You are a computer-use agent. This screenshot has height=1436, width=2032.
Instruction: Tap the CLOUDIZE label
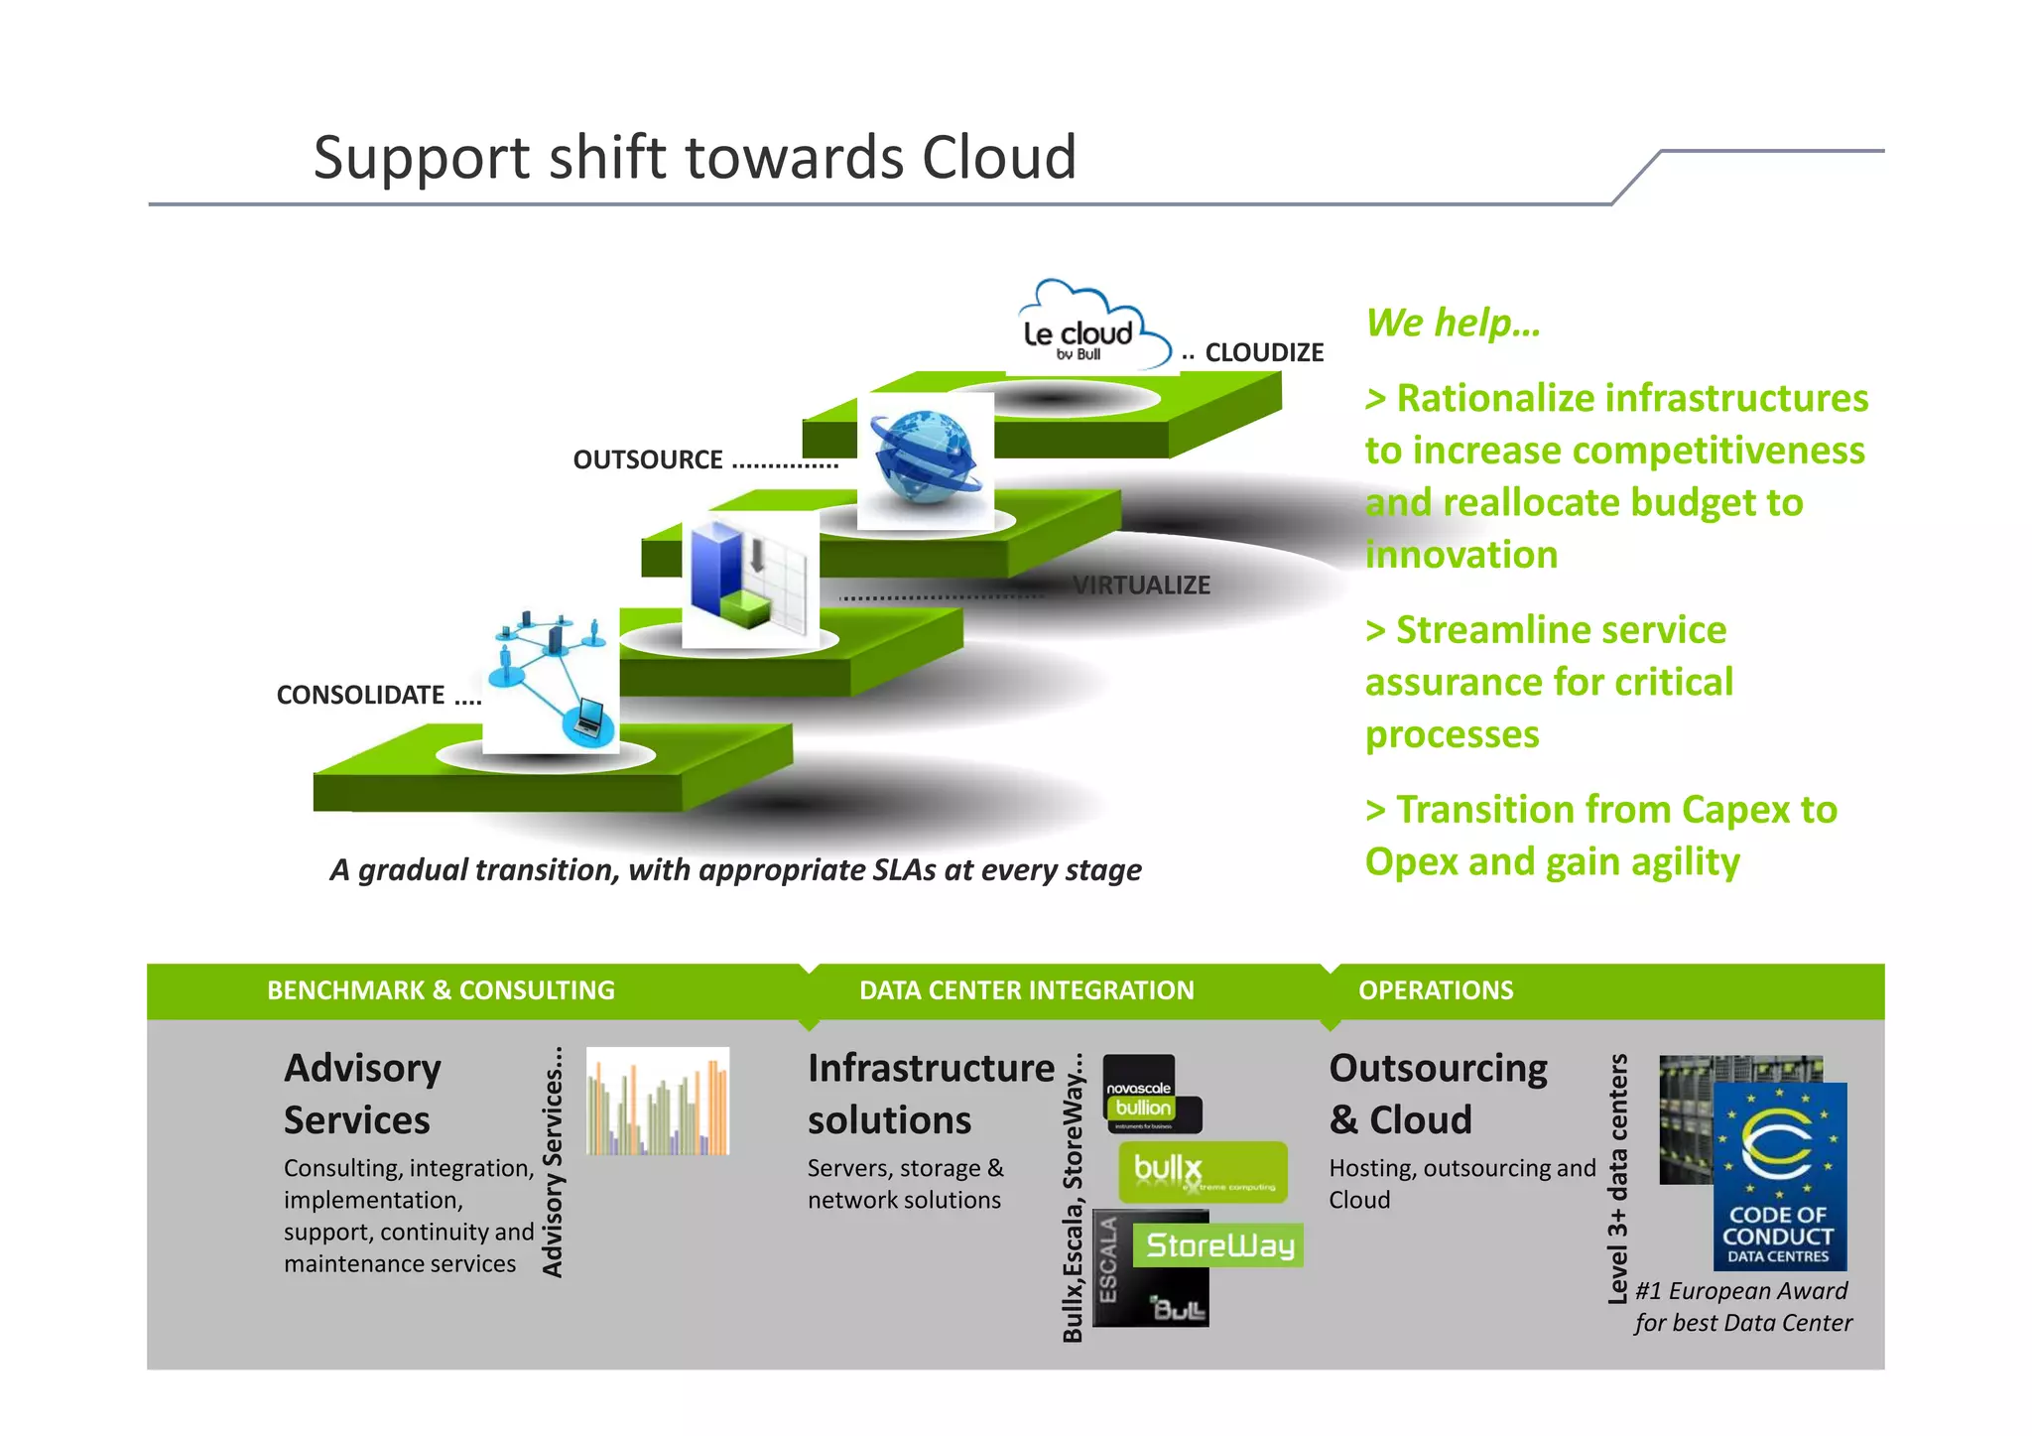(x=1263, y=353)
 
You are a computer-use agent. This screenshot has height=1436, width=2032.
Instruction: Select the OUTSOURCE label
(x=648, y=460)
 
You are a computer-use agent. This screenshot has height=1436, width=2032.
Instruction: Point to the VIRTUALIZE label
(x=1141, y=586)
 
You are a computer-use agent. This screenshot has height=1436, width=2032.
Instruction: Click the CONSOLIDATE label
(x=360, y=696)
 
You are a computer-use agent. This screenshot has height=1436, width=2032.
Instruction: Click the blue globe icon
(x=925, y=459)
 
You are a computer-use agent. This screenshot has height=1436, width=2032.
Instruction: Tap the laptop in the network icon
(x=588, y=717)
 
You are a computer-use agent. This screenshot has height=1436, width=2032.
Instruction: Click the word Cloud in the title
(x=998, y=159)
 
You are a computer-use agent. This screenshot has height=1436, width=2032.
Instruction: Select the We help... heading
(x=1453, y=324)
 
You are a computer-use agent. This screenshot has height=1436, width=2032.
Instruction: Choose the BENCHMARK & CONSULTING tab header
(x=441, y=990)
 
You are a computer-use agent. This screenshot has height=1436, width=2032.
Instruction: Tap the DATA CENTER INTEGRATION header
(x=1026, y=990)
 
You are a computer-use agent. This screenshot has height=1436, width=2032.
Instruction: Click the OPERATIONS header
(x=1435, y=990)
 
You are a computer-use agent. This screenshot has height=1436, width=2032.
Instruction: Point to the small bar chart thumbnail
(x=658, y=1102)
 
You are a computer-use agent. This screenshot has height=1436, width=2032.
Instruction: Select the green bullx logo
(x=1203, y=1172)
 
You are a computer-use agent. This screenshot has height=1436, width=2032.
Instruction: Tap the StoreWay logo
(x=1219, y=1245)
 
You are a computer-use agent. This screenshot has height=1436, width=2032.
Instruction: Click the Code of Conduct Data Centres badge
(x=1779, y=1177)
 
